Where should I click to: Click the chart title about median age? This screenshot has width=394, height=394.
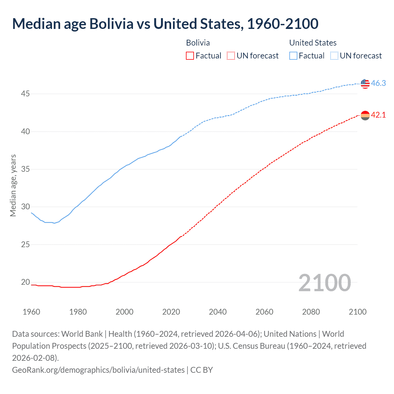coord(165,24)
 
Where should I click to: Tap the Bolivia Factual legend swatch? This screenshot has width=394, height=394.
coord(190,56)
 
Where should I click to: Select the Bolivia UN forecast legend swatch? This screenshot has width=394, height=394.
coord(231,56)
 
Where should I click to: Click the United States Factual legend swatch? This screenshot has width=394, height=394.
coord(293,56)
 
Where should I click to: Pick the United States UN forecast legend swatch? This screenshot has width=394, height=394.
coord(334,56)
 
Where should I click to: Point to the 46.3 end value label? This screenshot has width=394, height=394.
coord(378,83)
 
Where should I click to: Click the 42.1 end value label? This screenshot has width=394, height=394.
coord(378,115)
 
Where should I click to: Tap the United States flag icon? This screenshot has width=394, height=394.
coord(365,83)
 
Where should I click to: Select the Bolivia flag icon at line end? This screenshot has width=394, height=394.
coord(365,115)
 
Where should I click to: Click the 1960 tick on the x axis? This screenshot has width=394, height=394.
coord(31,312)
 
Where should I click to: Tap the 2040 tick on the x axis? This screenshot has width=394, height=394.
coord(218,312)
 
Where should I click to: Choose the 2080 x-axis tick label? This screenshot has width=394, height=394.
coord(311,312)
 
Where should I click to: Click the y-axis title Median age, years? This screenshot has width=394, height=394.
coord(13,186)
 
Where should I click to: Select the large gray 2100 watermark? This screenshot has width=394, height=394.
coord(324,283)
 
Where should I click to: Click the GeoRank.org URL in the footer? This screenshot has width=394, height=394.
coord(98,370)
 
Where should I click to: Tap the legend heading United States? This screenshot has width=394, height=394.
coord(313,43)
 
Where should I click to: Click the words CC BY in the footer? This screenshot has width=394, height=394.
coord(202,370)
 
